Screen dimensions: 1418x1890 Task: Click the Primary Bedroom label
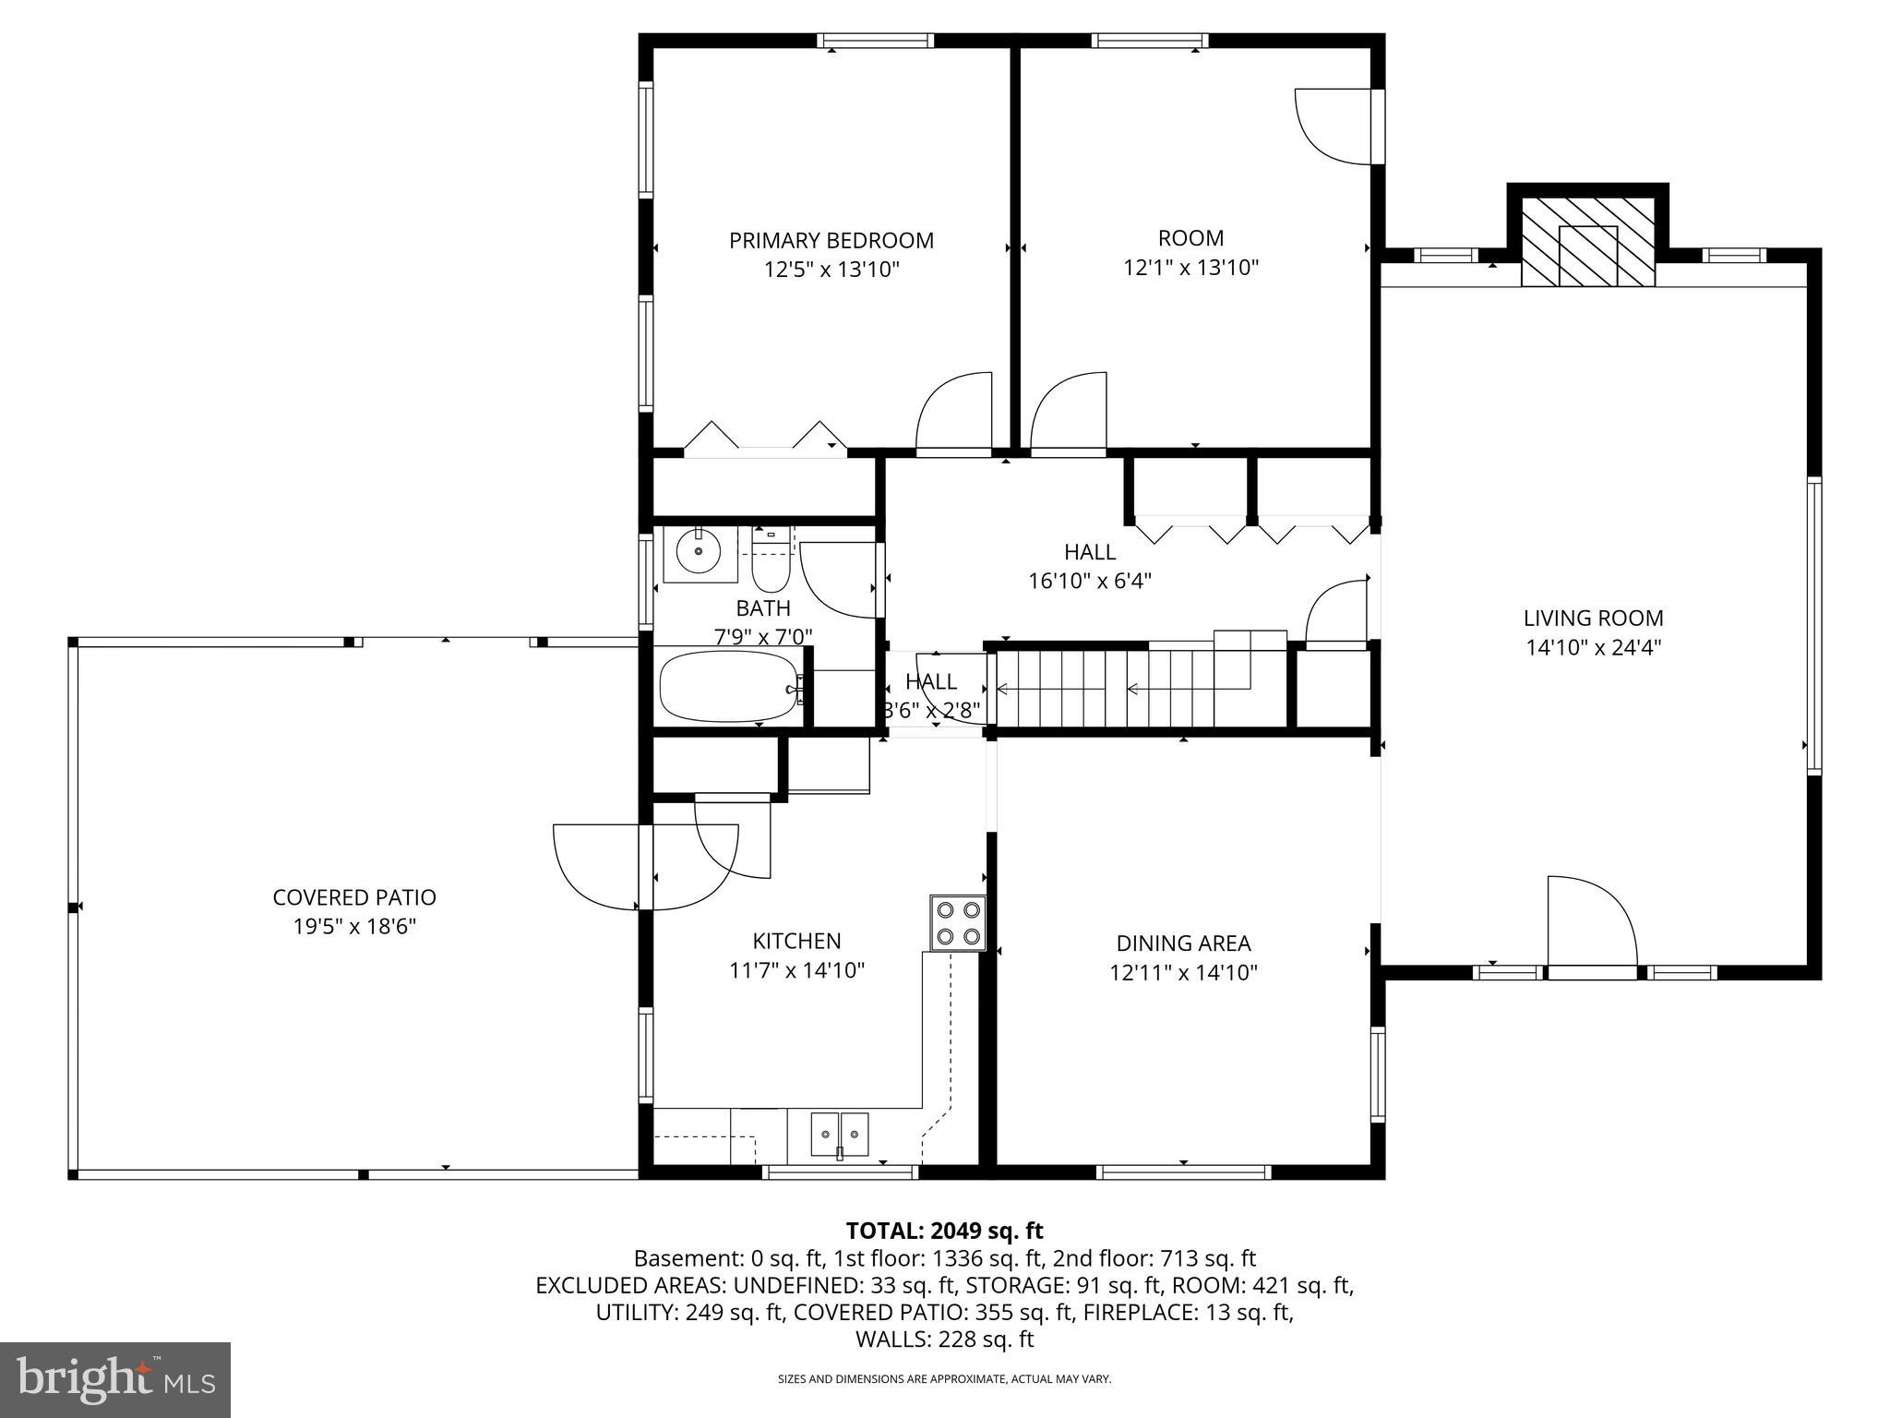831,241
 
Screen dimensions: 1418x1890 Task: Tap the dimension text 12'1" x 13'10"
1190,268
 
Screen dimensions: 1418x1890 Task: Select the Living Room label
1593,619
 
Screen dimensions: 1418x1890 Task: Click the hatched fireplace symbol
1587,243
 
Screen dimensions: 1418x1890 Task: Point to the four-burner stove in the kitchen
957,922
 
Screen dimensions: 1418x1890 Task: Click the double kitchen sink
840,1134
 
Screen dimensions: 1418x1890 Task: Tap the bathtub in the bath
728,687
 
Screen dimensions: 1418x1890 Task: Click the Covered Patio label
354,897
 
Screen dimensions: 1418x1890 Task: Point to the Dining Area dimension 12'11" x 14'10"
1183,972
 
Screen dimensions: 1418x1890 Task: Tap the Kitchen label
796,941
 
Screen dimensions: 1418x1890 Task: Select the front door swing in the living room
1589,923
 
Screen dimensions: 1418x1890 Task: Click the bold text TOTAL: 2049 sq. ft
944,1231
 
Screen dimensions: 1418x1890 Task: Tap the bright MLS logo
114,1379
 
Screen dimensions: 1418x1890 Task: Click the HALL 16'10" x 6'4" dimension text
1090,582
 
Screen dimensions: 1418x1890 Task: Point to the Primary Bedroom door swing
952,413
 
